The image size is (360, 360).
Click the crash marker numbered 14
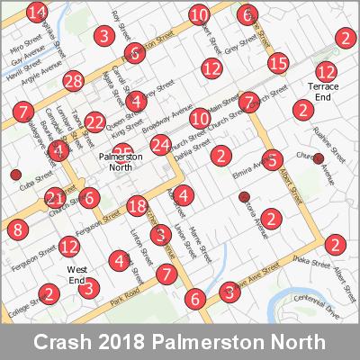pyautogui.click(x=37, y=13)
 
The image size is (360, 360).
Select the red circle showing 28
pyautogui.click(x=74, y=81)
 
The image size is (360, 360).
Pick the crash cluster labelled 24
pyautogui.click(x=161, y=144)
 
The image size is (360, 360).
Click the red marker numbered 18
pyautogui.click(x=137, y=206)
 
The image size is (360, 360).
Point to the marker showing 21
pyautogui.click(x=56, y=198)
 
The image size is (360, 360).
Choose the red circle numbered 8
pyautogui.click(x=19, y=230)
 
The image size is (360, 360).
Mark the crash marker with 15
pyautogui.click(x=278, y=63)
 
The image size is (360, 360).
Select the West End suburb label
pyautogui.click(x=76, y=274)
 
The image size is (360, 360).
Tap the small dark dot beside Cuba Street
pyautogui.click(x=14, y=174)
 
